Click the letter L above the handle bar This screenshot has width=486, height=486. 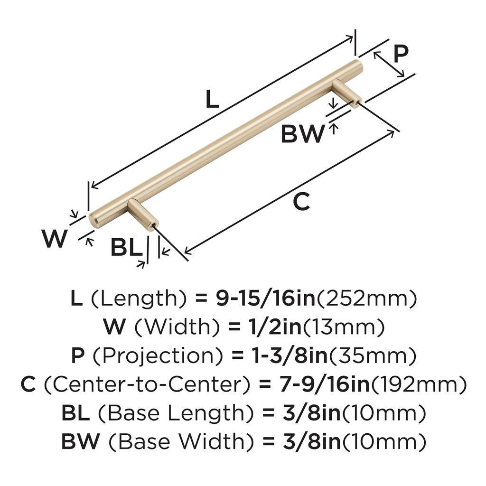[x=212, y=99]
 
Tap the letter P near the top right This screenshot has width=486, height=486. [x=401, y=55]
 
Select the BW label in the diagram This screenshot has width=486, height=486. [x=302, y=134]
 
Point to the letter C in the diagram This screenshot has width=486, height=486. [x=301, y=202]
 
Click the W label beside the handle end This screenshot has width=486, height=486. [x=54, y=239]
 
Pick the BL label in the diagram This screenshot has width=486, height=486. [x=126, y=248]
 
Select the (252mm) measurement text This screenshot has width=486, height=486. [x=367, y=299]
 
